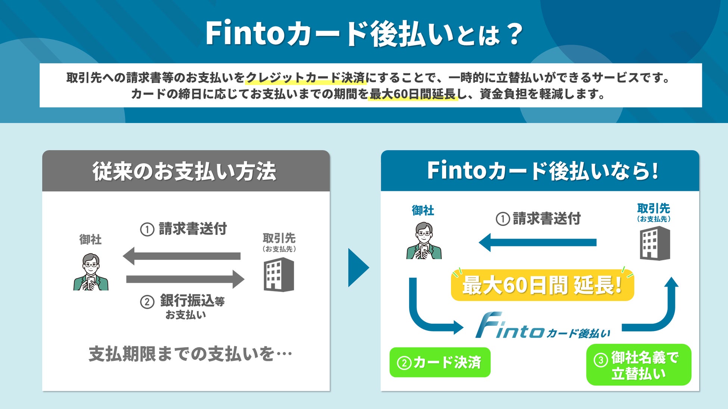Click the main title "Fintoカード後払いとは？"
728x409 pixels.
point(364,34)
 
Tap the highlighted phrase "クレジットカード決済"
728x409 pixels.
point(305,78)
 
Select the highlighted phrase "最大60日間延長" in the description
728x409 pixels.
point(413,94)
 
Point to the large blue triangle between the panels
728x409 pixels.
point(357,268)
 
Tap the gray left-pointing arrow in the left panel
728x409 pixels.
point(182,256)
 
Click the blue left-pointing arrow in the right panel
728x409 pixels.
point(537,242)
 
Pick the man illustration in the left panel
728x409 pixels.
point(91,272)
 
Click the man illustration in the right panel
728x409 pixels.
point(424,241)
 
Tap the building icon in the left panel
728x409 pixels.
point(279,275)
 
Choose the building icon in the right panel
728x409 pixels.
point(655,244)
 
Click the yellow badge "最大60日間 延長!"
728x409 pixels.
point(542,285)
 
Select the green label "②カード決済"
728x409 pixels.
point(440,362)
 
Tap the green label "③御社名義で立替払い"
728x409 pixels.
point(639,365)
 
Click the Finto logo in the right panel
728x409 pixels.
point(542,326)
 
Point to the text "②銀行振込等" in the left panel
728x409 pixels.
point(183,301)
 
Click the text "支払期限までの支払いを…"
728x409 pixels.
point(190,354)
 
